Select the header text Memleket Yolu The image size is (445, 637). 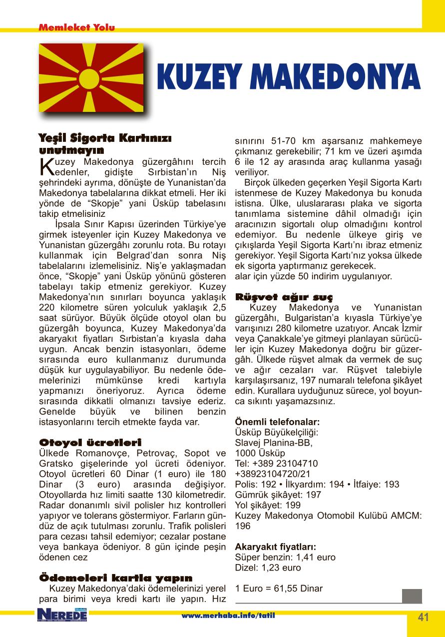[76, 27]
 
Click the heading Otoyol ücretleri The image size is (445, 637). [90, 443]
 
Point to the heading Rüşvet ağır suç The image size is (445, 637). [283, 297]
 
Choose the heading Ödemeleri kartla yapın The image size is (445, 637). [115, 578]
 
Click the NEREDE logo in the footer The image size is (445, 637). [62, 615]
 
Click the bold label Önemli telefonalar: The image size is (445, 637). [277, 422]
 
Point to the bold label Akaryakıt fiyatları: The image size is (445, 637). [275, 547]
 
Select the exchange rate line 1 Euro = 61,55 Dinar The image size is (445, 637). [279, 588]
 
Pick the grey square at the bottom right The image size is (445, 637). [412, 596]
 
